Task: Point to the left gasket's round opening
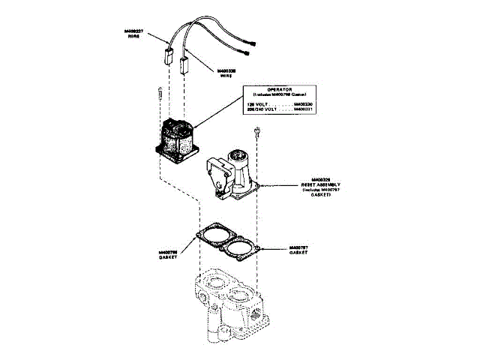(214, 234)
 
